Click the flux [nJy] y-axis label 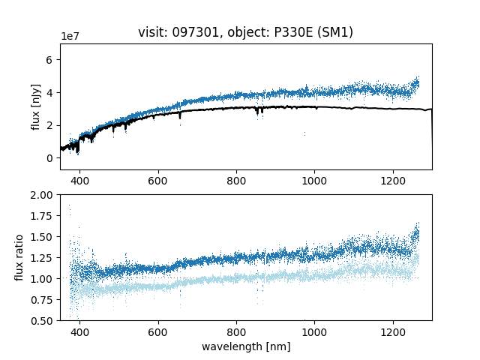pos(36,106)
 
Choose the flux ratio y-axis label pos(20,257)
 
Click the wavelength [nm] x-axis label pos(246,346)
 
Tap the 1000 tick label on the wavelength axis pos(314,331)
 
